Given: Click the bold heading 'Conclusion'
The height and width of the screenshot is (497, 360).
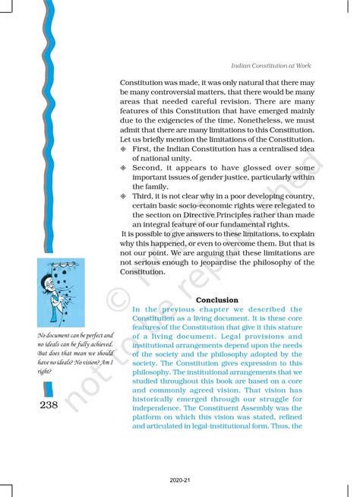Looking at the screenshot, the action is point(216,300).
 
